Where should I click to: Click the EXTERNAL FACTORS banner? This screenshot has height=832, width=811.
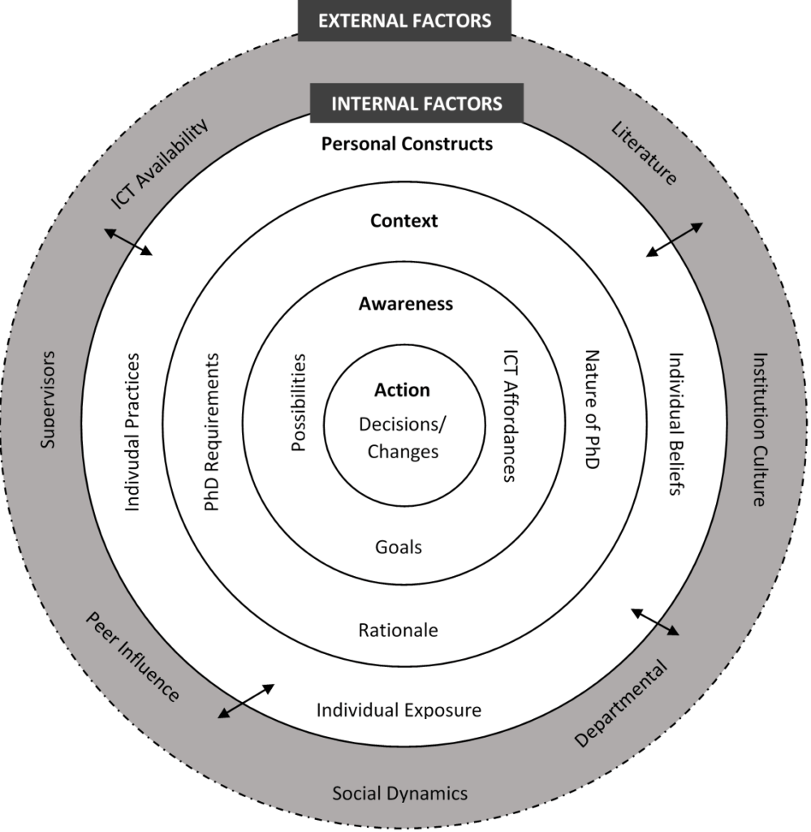point(404,20)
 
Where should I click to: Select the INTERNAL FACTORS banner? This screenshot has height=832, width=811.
point(416,104)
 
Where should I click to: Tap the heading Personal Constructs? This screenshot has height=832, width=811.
point(407,144)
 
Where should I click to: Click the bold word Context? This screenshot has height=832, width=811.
point(403,220)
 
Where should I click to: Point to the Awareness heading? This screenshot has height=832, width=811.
point(405,304)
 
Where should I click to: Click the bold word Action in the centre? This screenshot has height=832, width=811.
point(402,390)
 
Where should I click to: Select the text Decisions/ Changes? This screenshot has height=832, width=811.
point(403,438)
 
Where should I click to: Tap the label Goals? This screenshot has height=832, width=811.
point(399,547)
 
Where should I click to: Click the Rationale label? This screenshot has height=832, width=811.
point(398,630)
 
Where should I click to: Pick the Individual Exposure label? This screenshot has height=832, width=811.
point(399,710)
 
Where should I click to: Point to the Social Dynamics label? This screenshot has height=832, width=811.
point(399,793)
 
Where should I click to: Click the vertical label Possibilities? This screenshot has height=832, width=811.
point(299,403)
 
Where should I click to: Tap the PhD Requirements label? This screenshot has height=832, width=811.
point(213,432)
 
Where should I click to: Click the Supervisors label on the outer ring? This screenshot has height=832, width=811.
point(48,399)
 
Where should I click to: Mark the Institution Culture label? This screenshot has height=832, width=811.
point(759,429)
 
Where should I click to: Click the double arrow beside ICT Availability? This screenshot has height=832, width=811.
point(128,242)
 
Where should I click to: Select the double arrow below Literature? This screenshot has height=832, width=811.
point(675,240)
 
